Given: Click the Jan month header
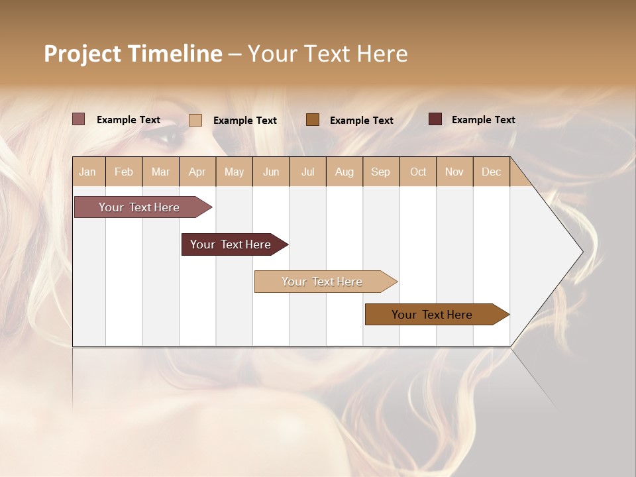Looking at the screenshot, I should coord(87,172).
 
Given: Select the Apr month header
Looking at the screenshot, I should coord(197,172).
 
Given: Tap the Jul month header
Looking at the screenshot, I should coord(307,172).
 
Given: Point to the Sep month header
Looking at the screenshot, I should coord(380,172).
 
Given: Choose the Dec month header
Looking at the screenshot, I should coord(491,172).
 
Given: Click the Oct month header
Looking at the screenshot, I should coord(418,172).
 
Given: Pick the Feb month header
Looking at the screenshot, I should coord(124,172).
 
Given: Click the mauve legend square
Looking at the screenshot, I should coord(78,119).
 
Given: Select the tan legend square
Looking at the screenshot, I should coord(195,120).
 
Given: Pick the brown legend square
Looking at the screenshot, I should coord(313,119).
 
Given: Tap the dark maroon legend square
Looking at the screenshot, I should coord(435,119).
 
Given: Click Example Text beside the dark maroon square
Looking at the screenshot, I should coord(483,120).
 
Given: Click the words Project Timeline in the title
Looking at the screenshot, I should coord(132,54).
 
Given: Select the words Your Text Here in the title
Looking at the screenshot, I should coord(327,54).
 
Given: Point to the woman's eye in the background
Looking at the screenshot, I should coord(166,137).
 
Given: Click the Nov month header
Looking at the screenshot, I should coord(454,172).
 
